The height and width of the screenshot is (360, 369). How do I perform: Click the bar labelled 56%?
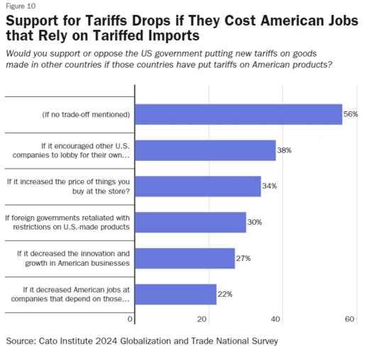click(x=238, y=114)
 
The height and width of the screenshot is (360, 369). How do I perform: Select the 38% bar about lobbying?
click(x=204, y=150)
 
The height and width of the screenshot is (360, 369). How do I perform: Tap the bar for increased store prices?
click(x=197, y=186)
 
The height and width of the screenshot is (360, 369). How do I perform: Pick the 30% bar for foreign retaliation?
click(x=190, y=222)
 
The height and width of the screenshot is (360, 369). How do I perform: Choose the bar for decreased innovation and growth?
click(x=184, y=258)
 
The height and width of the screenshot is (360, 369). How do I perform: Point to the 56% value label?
click(x=351, y=114)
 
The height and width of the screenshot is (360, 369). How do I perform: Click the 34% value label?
click(x=269, y=186)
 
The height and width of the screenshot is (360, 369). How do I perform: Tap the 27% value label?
click(x=243, y=258)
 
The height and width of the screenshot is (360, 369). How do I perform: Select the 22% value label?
click(x=225, y=294)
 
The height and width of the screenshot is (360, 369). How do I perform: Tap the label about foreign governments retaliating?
click(x=67, y=222)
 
